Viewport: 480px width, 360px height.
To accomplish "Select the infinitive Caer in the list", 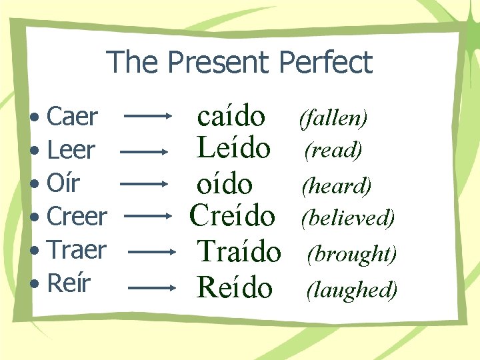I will pos(73,117).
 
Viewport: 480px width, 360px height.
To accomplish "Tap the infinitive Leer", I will pos(71,151).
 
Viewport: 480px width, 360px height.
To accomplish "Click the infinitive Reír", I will pos(69,283).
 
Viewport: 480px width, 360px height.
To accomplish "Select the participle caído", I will pos(231,117).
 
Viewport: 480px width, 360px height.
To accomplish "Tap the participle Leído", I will pos(233,149).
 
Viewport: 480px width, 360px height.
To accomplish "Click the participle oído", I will pos(225,184).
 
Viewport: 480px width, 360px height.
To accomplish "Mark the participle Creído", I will pos(232,215).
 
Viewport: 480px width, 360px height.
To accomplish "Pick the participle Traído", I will pos(239,251).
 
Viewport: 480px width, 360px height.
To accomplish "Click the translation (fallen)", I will pos(333,119).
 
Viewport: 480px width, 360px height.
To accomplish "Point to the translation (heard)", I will pos(337,185).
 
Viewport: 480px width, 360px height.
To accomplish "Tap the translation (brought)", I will pos(352,254).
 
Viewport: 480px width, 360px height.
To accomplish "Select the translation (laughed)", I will pos(352,289).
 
